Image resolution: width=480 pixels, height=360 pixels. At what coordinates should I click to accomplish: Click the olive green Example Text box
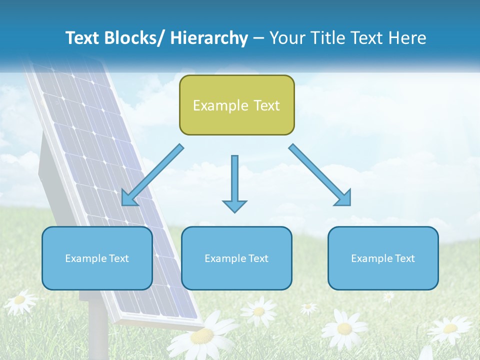coord(236,105)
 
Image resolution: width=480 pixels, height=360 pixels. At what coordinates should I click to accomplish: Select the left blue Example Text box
coord(97,258)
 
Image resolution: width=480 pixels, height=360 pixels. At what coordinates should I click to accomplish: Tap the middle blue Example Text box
coord(236,258)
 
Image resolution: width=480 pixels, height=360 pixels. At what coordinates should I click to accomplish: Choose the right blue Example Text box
coord(383,258)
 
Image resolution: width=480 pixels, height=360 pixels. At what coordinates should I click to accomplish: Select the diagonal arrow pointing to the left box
coord(152,175)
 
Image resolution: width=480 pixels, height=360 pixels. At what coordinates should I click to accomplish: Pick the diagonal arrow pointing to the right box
coord(320,175)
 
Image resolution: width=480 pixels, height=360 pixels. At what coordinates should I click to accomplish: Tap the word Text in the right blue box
coord(404,258)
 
